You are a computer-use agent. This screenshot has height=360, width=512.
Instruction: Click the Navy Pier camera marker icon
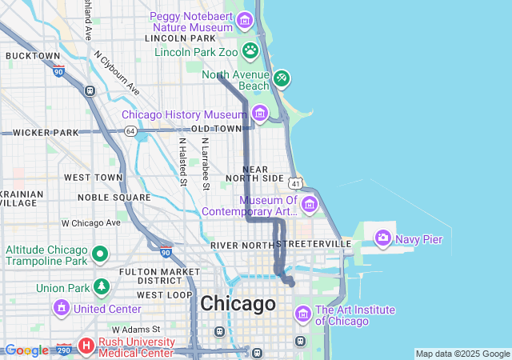point(383,238)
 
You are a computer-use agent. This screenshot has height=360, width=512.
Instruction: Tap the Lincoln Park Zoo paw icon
point(250,50)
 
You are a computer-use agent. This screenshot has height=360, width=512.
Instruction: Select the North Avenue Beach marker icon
point(281,78)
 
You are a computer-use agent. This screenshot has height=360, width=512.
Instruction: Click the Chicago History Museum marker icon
point(259,114)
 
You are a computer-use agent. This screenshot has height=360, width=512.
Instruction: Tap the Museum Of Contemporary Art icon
point(310,205)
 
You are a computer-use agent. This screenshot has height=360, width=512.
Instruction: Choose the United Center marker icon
point(62,308)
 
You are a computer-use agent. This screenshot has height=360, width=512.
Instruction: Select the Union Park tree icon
point(101,286)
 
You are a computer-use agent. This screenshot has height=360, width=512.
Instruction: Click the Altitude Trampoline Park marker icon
point(99,254)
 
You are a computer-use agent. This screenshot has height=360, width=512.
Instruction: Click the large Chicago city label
point(238,304)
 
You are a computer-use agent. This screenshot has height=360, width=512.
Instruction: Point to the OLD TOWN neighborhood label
point(216,129)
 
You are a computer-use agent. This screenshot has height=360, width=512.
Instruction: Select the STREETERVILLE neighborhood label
point(314,243)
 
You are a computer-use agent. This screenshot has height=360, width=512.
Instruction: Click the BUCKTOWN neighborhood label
point(33,56)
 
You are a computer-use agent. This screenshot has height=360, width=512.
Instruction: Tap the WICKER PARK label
point(45,132)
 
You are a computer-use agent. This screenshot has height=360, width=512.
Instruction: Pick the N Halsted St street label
point(183,161)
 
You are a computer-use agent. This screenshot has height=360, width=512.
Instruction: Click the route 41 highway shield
point(296,182)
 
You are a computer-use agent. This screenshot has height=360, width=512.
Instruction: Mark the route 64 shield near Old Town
point(130,130)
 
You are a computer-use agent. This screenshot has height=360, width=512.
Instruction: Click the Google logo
point(26,350)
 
